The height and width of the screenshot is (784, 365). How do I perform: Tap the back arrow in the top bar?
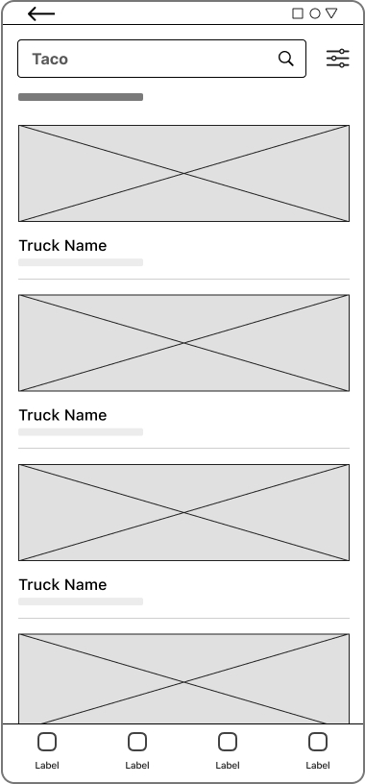tap(41, 13)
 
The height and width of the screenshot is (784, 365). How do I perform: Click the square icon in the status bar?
tap(298, 13)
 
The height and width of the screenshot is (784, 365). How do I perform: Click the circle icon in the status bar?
tap(314, 13)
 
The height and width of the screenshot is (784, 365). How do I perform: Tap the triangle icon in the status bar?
tap(331, 13)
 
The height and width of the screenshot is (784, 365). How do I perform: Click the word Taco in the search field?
tap(50, 59)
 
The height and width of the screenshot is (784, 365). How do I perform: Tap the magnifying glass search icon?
tap(285, 59)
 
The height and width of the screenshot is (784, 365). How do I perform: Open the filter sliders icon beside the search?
tap(337, 59)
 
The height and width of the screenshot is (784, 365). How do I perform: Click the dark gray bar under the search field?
tap(81, 97)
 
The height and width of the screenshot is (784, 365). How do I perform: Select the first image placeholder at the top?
tap(183, 173)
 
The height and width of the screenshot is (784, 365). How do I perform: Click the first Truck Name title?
tap(62, 246)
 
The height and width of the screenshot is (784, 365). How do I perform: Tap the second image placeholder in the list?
tap(183, 343)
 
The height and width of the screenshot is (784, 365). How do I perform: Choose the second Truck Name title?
tap(62, 415)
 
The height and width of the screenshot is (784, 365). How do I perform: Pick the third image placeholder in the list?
tap(183, 512)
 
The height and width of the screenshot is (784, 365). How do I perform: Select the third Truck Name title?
tap(62, 584)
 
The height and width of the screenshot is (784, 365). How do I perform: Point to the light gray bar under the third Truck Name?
tap(81, 601)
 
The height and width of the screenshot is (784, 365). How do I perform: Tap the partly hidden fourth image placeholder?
tap(183, 677)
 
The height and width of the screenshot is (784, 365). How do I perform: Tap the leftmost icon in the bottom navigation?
tap(47, 742)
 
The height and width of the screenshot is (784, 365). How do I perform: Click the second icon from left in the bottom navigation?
tap(137, 742)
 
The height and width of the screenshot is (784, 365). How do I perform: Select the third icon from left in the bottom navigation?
tap(228, 742)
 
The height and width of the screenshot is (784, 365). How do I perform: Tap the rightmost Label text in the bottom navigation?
tap(318, 766)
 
